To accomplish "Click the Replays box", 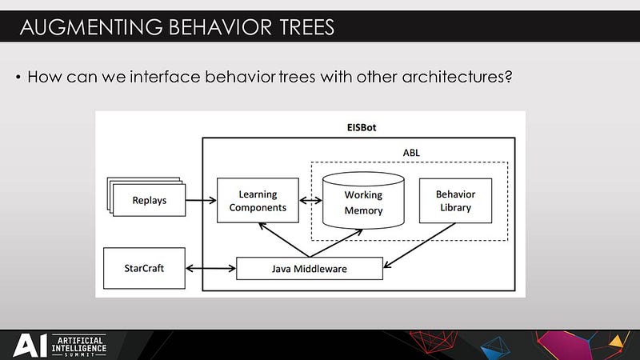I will coord(150,200).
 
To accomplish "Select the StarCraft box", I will coord(145,268).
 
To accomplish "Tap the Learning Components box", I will coord(258,201).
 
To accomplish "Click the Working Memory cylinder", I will coord(363,202).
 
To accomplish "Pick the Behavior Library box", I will coord(454,201).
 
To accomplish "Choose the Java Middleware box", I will coord(310,269).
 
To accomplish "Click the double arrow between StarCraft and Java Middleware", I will coord(211,268).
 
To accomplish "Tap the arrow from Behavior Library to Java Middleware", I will coord(418,244).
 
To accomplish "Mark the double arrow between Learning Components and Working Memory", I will coord(310,201).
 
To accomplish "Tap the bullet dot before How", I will coord(17,78).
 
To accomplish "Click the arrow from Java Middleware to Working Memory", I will coord(328,244).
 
